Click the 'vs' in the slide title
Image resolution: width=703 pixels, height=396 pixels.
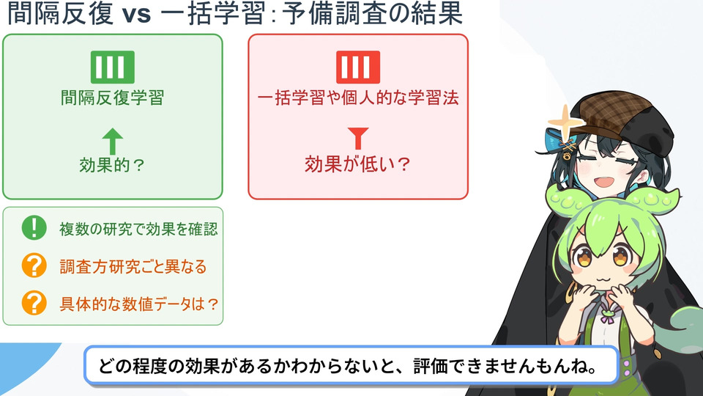pyautogui.click(x=136, y=15)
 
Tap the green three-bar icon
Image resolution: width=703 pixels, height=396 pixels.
pyautogui.click(x=113, y=67)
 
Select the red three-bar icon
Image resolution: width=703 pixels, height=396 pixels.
pyautogui.click(x=358, y=67)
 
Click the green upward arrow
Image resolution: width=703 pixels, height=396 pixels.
pyautogui.click(x=113, y=141)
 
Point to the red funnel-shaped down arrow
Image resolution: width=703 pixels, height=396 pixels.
pyautogui.click(x=358, y=139)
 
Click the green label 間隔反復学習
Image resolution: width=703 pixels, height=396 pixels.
pyautogui.click(x=113, y=98)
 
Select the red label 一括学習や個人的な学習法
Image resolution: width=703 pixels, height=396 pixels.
pyautogui.click(x=358, y=98)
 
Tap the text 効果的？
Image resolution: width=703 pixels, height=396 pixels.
pyautogui.click(x=113, y=165)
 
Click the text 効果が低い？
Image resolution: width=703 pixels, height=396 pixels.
pyautogui.click(x=358, y=164)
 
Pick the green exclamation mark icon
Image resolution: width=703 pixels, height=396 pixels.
pyautogui.click(x=34, y=227)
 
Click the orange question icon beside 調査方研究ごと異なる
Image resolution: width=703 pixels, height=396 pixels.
pyautogui.click(x=34, y=265)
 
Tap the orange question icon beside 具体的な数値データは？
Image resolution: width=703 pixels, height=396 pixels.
pyautogui.click(x=34, y=303)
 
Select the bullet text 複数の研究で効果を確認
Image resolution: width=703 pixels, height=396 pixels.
pyautogui.click(x=138, y=229)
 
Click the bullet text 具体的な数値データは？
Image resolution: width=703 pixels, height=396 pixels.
pyautogui.click(x=139, y=304)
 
